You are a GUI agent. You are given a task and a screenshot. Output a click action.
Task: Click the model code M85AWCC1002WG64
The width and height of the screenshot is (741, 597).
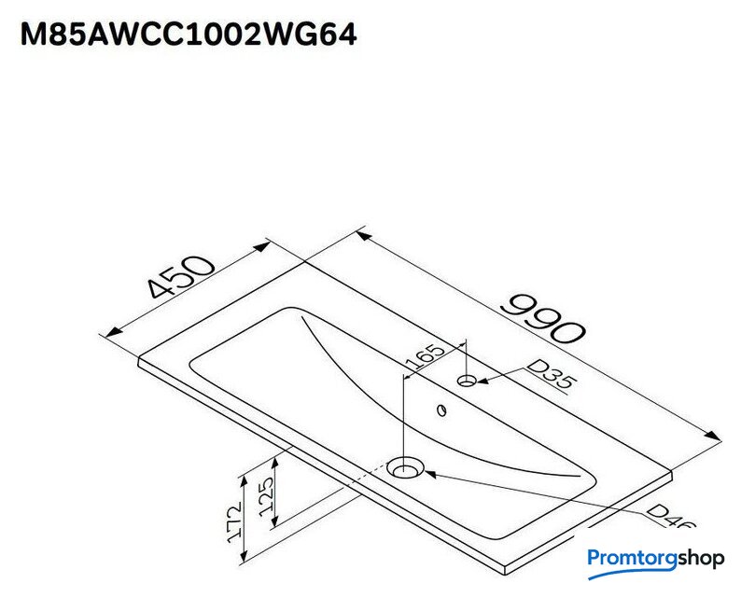189,35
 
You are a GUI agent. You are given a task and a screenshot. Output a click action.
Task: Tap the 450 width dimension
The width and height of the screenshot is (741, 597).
180,277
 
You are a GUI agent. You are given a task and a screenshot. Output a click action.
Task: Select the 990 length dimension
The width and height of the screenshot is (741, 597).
543,319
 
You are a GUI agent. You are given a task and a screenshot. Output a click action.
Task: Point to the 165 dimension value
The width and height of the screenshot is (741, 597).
426,356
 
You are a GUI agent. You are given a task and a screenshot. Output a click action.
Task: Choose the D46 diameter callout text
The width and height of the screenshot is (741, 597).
671,516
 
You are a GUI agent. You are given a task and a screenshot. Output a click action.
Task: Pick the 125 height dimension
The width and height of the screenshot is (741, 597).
267,496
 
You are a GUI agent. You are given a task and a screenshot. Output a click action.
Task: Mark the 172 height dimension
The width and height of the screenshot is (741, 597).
235,522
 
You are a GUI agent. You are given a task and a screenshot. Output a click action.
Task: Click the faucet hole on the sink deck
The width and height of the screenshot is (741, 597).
467,381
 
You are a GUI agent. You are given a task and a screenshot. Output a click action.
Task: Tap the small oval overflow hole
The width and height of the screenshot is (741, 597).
442,410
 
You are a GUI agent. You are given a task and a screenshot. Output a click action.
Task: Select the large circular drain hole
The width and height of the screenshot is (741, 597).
405,468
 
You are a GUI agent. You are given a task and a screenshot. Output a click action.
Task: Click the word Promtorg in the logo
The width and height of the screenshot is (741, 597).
633,559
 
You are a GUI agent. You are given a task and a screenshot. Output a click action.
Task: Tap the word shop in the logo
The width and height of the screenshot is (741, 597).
701,559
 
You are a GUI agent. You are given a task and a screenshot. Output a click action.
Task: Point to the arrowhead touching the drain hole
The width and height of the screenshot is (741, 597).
431,473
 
